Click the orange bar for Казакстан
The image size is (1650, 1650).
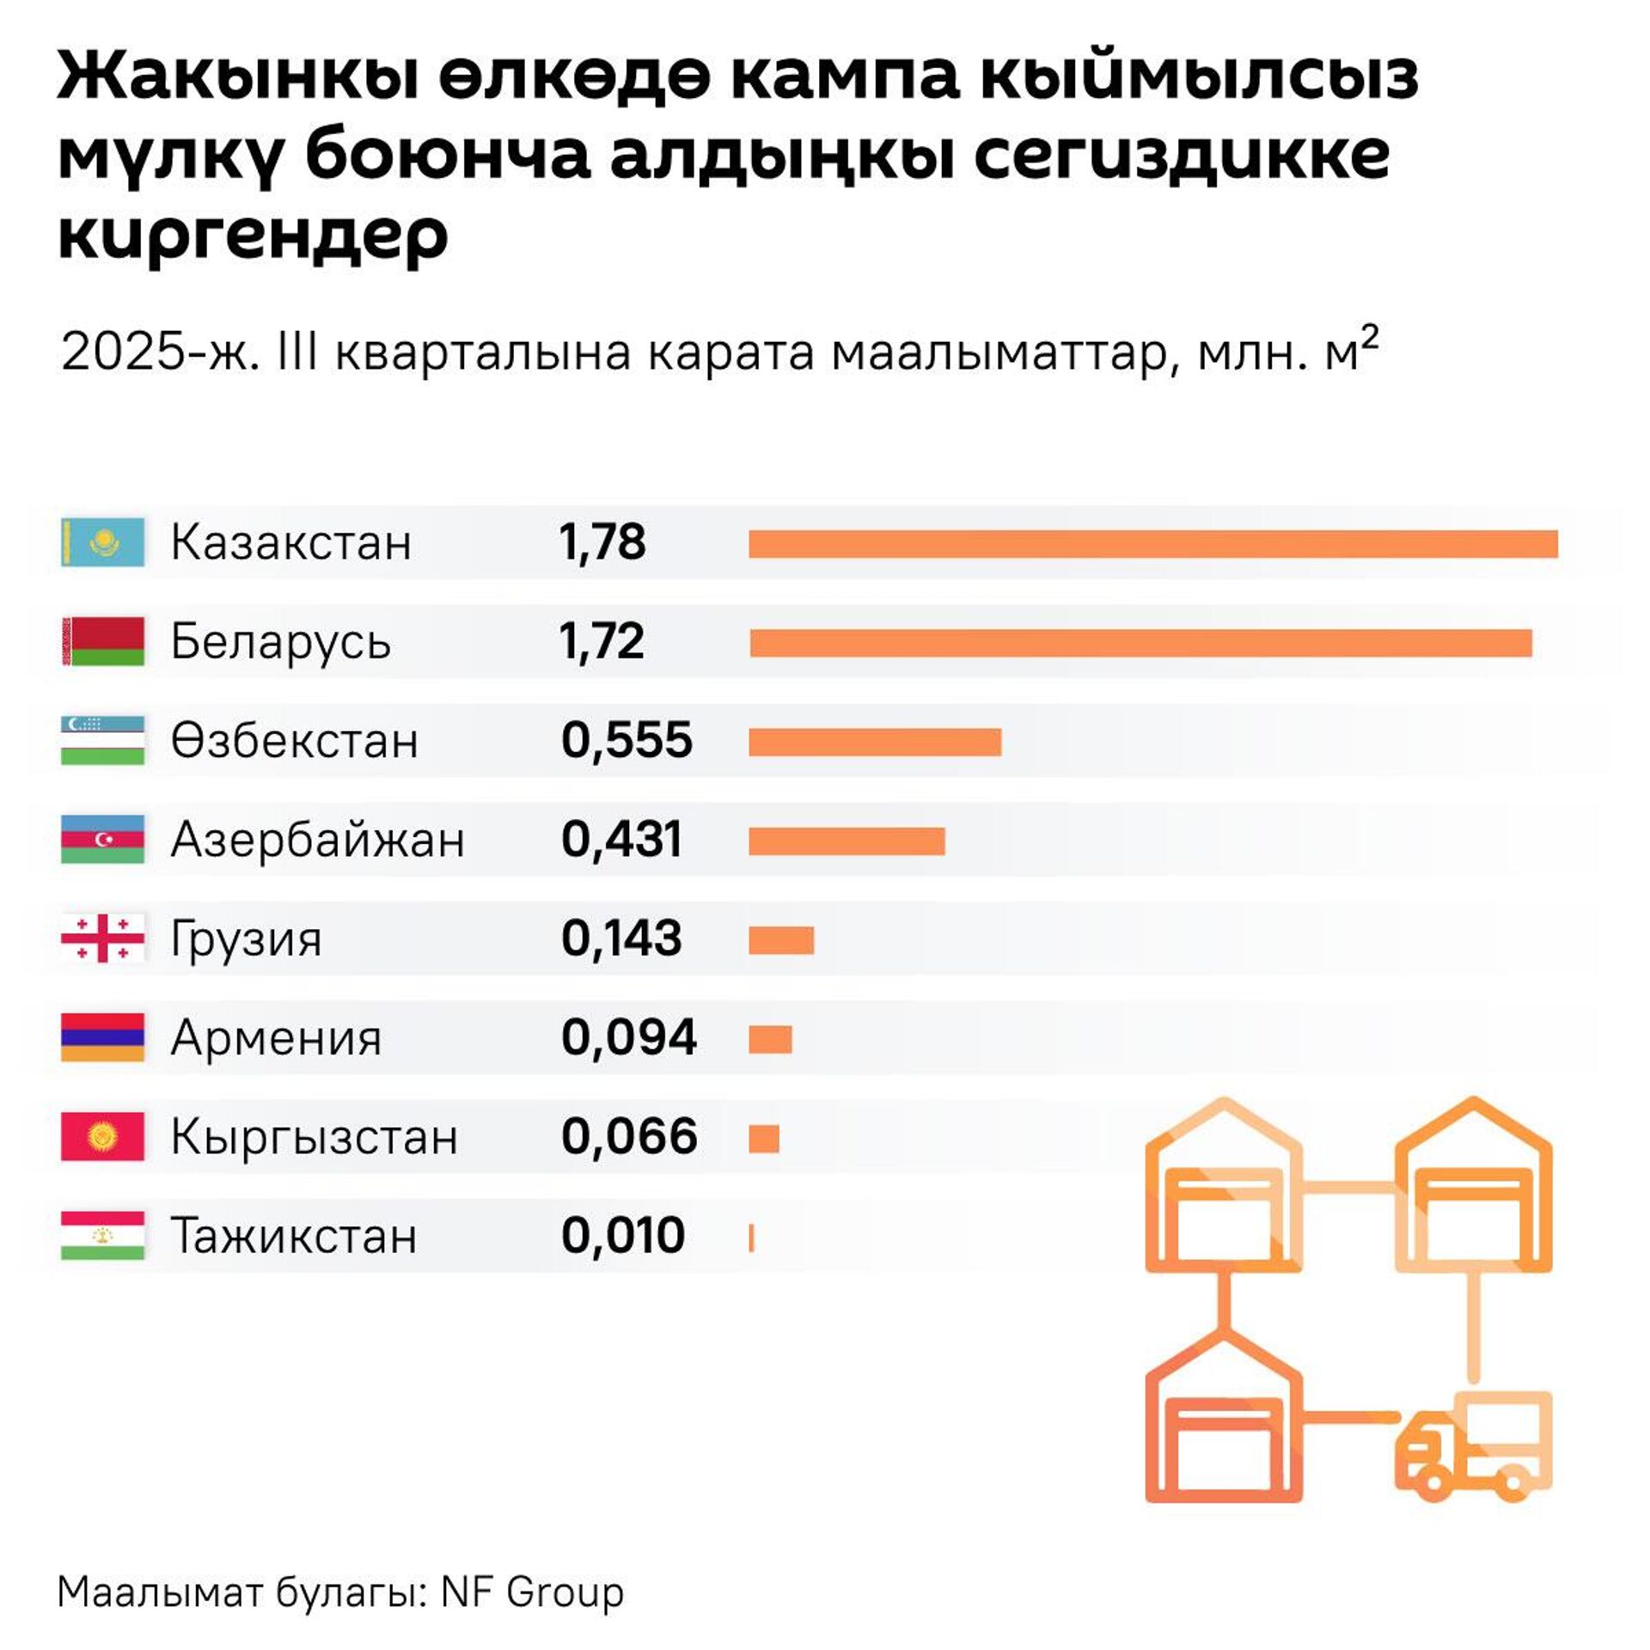(1152, 544)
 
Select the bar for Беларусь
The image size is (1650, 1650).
(1140, 643)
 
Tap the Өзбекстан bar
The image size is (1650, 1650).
(875, 742)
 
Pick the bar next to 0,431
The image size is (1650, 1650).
(846, 841)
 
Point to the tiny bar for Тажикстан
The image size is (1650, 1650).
(752, 1237)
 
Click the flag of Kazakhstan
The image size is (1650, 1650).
(103, 542)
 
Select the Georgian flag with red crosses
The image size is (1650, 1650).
(103, 938)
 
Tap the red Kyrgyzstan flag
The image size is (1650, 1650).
(103, 1136)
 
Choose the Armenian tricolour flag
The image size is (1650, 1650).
(103, 1037)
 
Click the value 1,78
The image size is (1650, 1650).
(602, 542)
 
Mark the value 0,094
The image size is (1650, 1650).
(628, 1037)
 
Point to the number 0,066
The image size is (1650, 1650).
(628, 1136)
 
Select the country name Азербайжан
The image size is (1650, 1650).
(317, 840)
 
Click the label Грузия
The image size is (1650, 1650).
(246, 938)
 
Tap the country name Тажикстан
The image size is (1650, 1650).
(294, 1236)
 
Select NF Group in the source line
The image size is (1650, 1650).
(532, 1592)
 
